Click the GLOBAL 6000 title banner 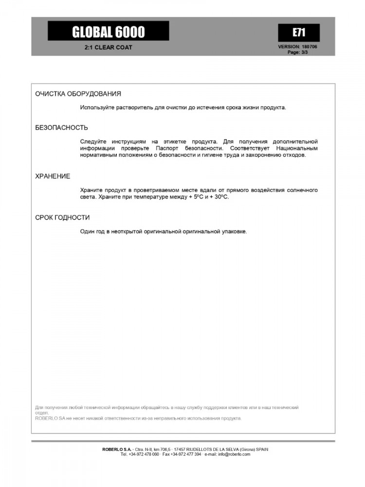point(108,32)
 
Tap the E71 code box point(298,33)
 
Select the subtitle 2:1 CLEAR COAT point(108,48)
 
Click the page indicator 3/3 point(304,52)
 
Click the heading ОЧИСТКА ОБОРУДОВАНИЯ point(78,94)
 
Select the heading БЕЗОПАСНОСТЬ point(61,128)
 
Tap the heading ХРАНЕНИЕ point(53,176)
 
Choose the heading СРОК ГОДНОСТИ point(62,218)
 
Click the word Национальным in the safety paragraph point(296,148)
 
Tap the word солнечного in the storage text point(301,190)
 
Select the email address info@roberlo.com point(234,454)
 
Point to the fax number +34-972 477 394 point(185,454)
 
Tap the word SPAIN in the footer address point(261,449)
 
